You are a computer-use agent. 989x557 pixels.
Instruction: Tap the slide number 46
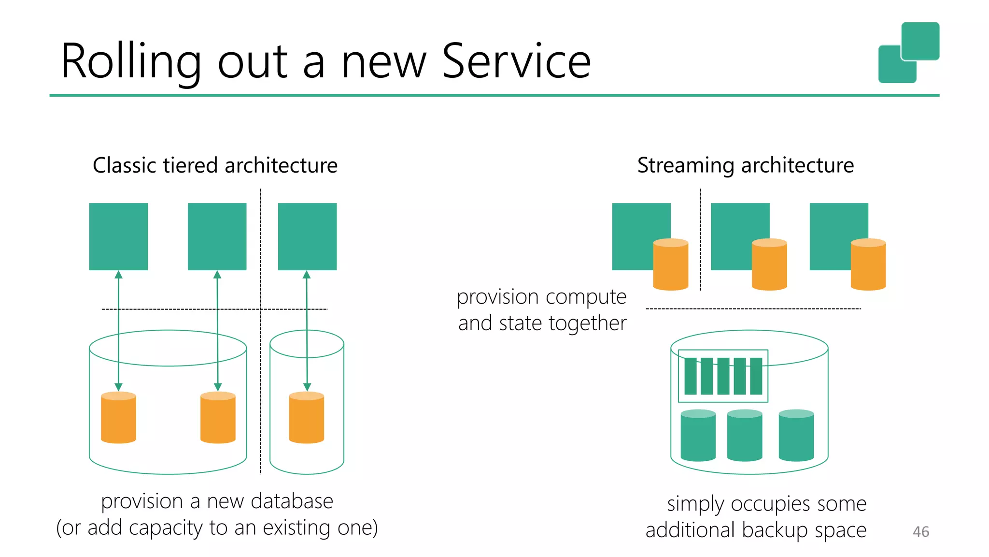[920, 532]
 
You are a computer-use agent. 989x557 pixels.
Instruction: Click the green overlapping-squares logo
[908, 52]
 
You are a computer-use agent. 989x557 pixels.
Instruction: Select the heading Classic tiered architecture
[215, 165]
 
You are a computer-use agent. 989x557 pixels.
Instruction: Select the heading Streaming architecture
[745, 165]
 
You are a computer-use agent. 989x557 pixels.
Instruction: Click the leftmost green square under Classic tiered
[118, 236]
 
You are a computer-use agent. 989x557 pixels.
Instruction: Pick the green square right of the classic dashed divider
[307, 236]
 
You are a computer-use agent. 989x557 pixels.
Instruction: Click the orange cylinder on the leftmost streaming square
[670, 264]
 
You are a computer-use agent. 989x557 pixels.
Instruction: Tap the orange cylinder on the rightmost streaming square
[868, 264]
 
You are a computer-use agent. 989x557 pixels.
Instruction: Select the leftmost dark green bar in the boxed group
[691, 376]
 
